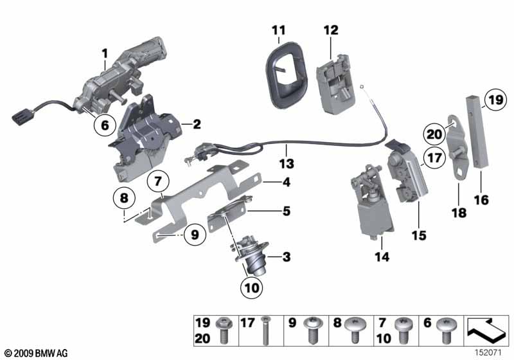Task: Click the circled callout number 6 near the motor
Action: coord(105,125)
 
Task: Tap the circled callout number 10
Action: coord(252,287)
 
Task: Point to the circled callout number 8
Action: coord(124,198)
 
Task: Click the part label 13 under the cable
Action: coord(287,163)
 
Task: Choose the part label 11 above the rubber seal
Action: coord(279,30)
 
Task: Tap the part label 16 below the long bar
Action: coord(481,200)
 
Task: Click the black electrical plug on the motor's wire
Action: coord(21,116)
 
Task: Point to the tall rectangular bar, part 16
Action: coord(477,132)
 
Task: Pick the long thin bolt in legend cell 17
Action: coord(265,330)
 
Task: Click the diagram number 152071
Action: coord(488,353)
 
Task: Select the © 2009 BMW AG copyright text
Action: coord(37,353)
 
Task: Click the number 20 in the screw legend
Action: coord(202,338)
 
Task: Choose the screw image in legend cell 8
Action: coord(355,330)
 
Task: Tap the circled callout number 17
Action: coord(434,158)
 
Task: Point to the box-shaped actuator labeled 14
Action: coord(373,203)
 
